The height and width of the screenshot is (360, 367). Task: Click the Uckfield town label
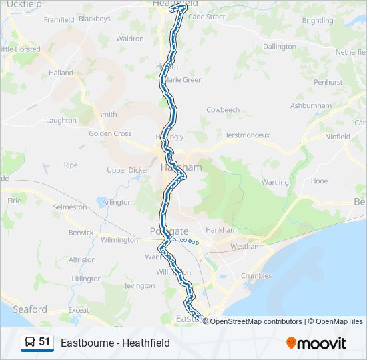coord(23,4)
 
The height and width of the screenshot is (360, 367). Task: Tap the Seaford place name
coord(29,309)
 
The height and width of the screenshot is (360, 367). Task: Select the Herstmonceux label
coord(246,135)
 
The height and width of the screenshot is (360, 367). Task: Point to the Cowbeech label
coord(223,110)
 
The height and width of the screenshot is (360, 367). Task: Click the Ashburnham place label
coord(311,106)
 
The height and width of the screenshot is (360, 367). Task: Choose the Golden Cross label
coord(110,133)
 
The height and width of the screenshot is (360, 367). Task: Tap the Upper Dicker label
coord(128,170)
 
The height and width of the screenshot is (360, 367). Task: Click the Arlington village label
coord(117,202)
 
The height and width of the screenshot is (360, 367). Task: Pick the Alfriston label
coord(82,259)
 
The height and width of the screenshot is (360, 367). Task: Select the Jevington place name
coord(139,286)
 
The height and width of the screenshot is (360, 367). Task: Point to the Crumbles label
coord(256,276)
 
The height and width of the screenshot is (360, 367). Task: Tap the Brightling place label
coord(318,21)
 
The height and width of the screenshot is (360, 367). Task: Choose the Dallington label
coord(280,47)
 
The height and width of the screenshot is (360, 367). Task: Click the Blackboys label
coord(94,19)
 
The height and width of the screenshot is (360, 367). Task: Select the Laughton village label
coord(61,121)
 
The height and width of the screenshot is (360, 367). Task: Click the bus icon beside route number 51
coord(30,343)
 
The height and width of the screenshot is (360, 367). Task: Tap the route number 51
coord(45,342)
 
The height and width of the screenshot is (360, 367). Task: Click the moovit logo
coord(316,343)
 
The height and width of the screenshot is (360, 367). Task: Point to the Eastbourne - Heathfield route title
coord(115,343)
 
